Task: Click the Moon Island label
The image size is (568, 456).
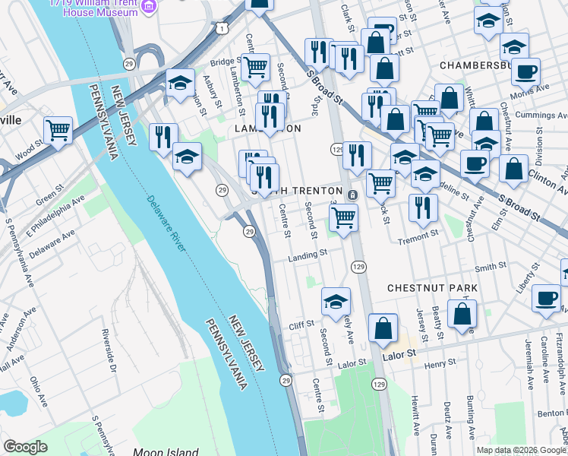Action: (166, 451)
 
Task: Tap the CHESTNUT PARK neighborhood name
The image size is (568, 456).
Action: (433, 288)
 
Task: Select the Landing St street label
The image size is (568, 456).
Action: (307, 257)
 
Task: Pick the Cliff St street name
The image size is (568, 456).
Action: (301, 325)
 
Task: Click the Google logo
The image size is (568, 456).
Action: (25, 447)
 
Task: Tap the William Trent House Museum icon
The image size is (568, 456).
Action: (148, 8)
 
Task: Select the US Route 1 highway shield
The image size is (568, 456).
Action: (221, 27)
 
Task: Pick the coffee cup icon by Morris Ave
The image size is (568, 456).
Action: (525, 74)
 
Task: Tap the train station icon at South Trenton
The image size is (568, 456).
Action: (352, 195)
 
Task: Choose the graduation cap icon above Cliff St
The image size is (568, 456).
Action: (336, 302)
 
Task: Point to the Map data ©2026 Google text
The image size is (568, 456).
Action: (521, 450)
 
